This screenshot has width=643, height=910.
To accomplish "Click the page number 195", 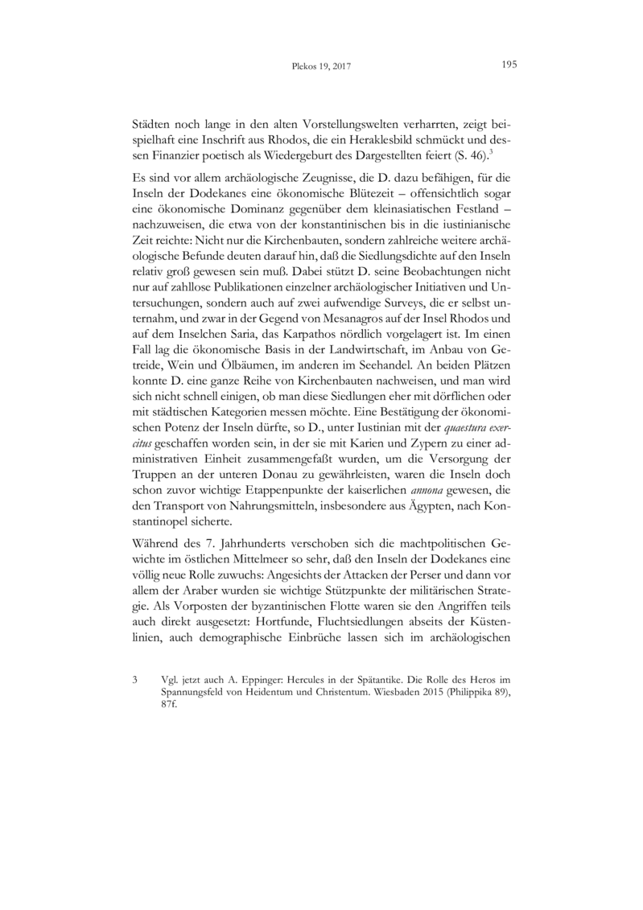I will coord(508,65).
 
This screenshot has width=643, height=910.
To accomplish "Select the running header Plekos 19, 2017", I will coord(321,67).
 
